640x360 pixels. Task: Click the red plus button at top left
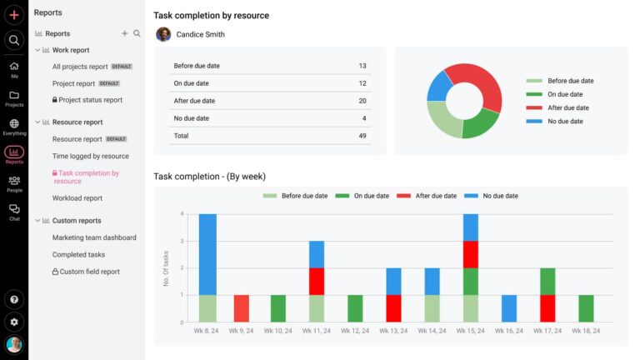[14, 15]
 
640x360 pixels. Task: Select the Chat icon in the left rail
[14, 212]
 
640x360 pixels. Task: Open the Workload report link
[77, 198]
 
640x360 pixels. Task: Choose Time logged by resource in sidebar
[90, 156]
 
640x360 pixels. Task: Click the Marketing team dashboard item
[94, 237]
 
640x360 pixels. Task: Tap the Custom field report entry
[86, 272]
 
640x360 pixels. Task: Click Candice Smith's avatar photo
[163, 34]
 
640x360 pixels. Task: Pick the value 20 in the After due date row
[362, 101]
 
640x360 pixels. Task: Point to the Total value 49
[362, 136]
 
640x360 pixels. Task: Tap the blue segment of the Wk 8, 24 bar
[207, 254]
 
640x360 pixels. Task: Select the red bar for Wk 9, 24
[242, 308]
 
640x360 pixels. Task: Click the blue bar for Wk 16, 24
[510, 308]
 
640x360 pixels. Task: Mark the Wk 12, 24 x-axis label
[355, 332]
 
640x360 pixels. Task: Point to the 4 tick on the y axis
[182, 214]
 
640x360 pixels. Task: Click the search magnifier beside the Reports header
[137, 33]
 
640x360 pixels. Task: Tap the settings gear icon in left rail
[14, 322]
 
